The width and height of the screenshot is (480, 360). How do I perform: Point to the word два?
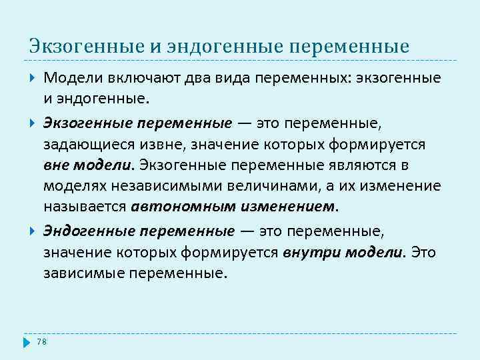point(176,78)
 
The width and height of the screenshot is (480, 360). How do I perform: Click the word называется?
point(85,206)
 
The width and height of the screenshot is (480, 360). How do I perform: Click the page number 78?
point(41,342)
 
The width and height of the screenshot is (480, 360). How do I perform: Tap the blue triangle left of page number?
point(27,342)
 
